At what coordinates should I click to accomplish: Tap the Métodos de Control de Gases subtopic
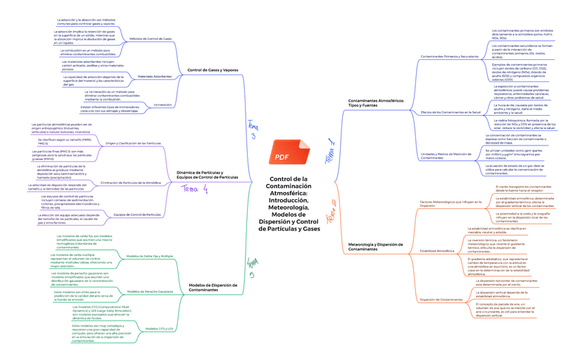(150, 39)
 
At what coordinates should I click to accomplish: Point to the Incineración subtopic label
(163, 105)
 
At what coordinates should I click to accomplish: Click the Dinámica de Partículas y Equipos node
(208, 175)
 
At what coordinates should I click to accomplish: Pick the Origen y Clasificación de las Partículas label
(133, 143)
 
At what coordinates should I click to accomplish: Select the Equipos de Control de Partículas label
(137, 214)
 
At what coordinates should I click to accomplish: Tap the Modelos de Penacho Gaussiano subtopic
(150, 292)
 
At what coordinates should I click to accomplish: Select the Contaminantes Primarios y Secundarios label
(448, 56)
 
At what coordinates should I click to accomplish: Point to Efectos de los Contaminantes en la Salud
(450, 112)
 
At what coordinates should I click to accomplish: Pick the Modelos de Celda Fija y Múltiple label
(150, 256)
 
